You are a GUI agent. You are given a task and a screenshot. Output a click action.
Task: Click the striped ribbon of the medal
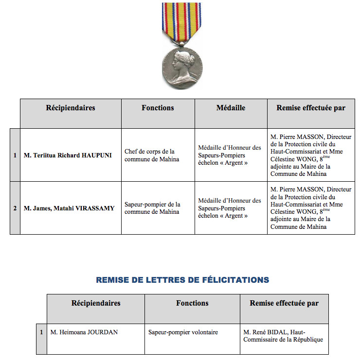[181, 22]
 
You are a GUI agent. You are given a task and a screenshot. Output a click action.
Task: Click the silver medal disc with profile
[182, 67]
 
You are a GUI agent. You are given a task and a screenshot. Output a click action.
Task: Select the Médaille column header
[231, 108]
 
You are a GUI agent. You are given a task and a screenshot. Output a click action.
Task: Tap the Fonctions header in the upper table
[158, 108]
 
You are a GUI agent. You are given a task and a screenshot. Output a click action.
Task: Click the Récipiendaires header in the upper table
[71, 108]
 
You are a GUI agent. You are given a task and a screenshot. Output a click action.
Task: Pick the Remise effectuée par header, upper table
[311, 108]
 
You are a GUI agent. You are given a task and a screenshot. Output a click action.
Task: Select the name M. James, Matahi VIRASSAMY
[69, 208]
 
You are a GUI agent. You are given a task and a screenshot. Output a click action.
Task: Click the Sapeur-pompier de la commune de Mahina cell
[152, 208]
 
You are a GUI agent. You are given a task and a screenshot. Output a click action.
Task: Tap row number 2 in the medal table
[15, 208]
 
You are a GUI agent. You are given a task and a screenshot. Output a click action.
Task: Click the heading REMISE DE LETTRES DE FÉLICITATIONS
[182, 280]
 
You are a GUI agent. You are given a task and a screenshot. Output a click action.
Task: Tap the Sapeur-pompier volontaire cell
[183, 332]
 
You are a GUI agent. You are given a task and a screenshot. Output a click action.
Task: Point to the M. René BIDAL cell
[283, 336]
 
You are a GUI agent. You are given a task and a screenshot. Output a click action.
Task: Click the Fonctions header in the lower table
[192, 303]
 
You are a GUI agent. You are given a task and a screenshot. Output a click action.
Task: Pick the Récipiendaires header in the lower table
[96, 303]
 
